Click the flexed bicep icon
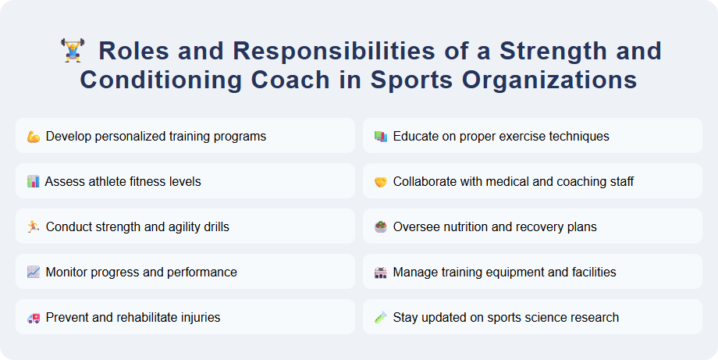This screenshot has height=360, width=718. (33, 137)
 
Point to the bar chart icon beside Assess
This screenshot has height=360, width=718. (33, 182)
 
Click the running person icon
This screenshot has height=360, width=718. (33, 227)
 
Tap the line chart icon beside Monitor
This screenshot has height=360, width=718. (33, 273)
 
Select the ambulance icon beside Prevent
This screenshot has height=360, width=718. (33, 318)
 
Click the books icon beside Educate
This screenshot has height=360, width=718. (380, 137)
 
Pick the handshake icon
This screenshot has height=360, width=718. (380, 182)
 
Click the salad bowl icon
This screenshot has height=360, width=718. (380, 227)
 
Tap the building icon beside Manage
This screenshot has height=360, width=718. (380, 273)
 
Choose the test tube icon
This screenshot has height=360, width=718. (380, 318)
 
